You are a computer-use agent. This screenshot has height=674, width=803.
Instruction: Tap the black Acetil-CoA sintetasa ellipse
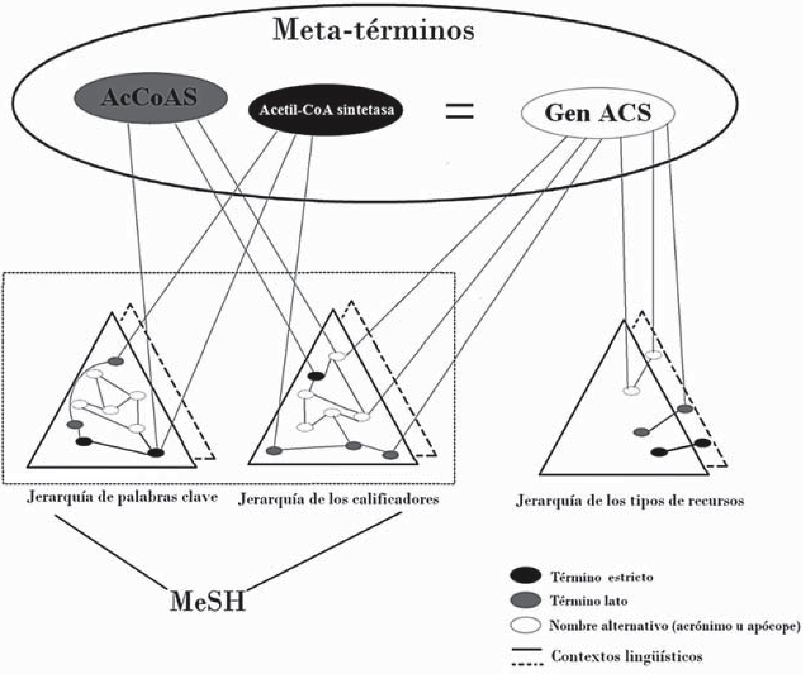326,110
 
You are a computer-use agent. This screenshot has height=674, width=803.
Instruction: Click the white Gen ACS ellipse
598,113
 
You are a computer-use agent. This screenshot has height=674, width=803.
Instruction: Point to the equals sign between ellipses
460,112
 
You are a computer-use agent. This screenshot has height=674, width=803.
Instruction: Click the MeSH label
208,601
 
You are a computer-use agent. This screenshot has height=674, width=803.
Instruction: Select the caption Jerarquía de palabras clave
122,497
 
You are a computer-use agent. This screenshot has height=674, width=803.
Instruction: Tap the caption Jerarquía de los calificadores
338,499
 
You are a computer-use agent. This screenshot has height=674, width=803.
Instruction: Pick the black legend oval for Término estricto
526,575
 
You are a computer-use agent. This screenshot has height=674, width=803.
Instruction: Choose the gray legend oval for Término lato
526,600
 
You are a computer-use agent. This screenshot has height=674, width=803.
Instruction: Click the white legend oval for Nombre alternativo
526,626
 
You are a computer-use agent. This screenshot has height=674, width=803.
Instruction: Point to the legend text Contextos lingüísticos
627,656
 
